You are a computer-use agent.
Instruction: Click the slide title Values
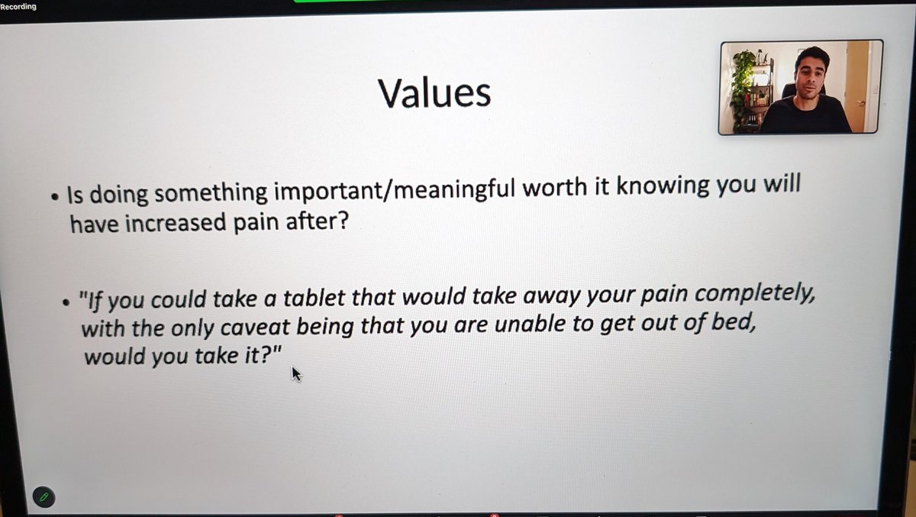click(x=434, y=92)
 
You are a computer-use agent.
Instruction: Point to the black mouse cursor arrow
click(x=296, y=373)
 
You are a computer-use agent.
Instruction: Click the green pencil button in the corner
click(x=44, y=496)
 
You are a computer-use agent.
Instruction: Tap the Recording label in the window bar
click(x=18, y=7)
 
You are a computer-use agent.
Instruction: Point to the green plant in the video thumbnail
click(x=740, y=84)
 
